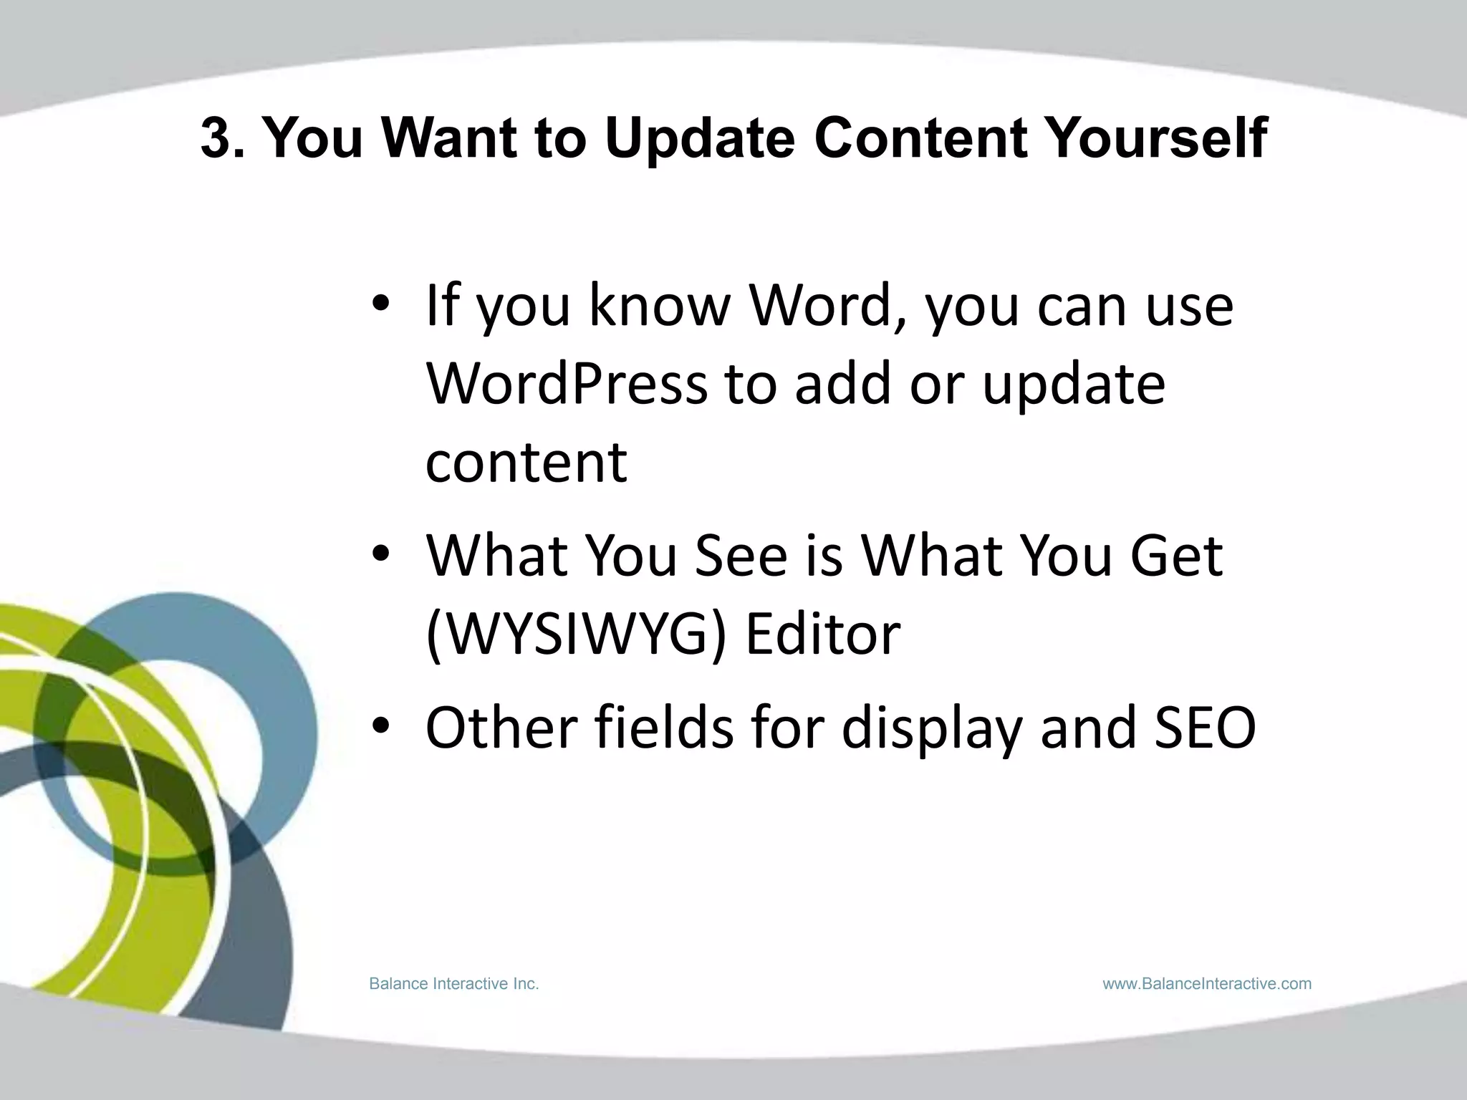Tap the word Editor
click(822, 635)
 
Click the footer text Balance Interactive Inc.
click(453, 984)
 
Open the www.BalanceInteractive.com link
click(1207, 984)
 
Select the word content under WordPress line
click(526, 463)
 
